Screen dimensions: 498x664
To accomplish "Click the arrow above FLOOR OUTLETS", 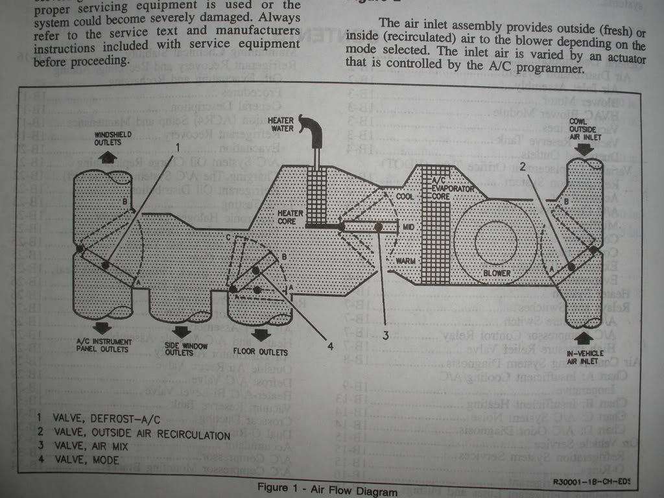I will [x=261, y=334].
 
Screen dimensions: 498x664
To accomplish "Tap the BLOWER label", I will [x=497, y=274].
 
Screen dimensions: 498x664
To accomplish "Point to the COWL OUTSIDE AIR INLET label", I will [x=586, y=129].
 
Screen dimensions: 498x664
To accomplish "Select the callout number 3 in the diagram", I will [x=385, y=335].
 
